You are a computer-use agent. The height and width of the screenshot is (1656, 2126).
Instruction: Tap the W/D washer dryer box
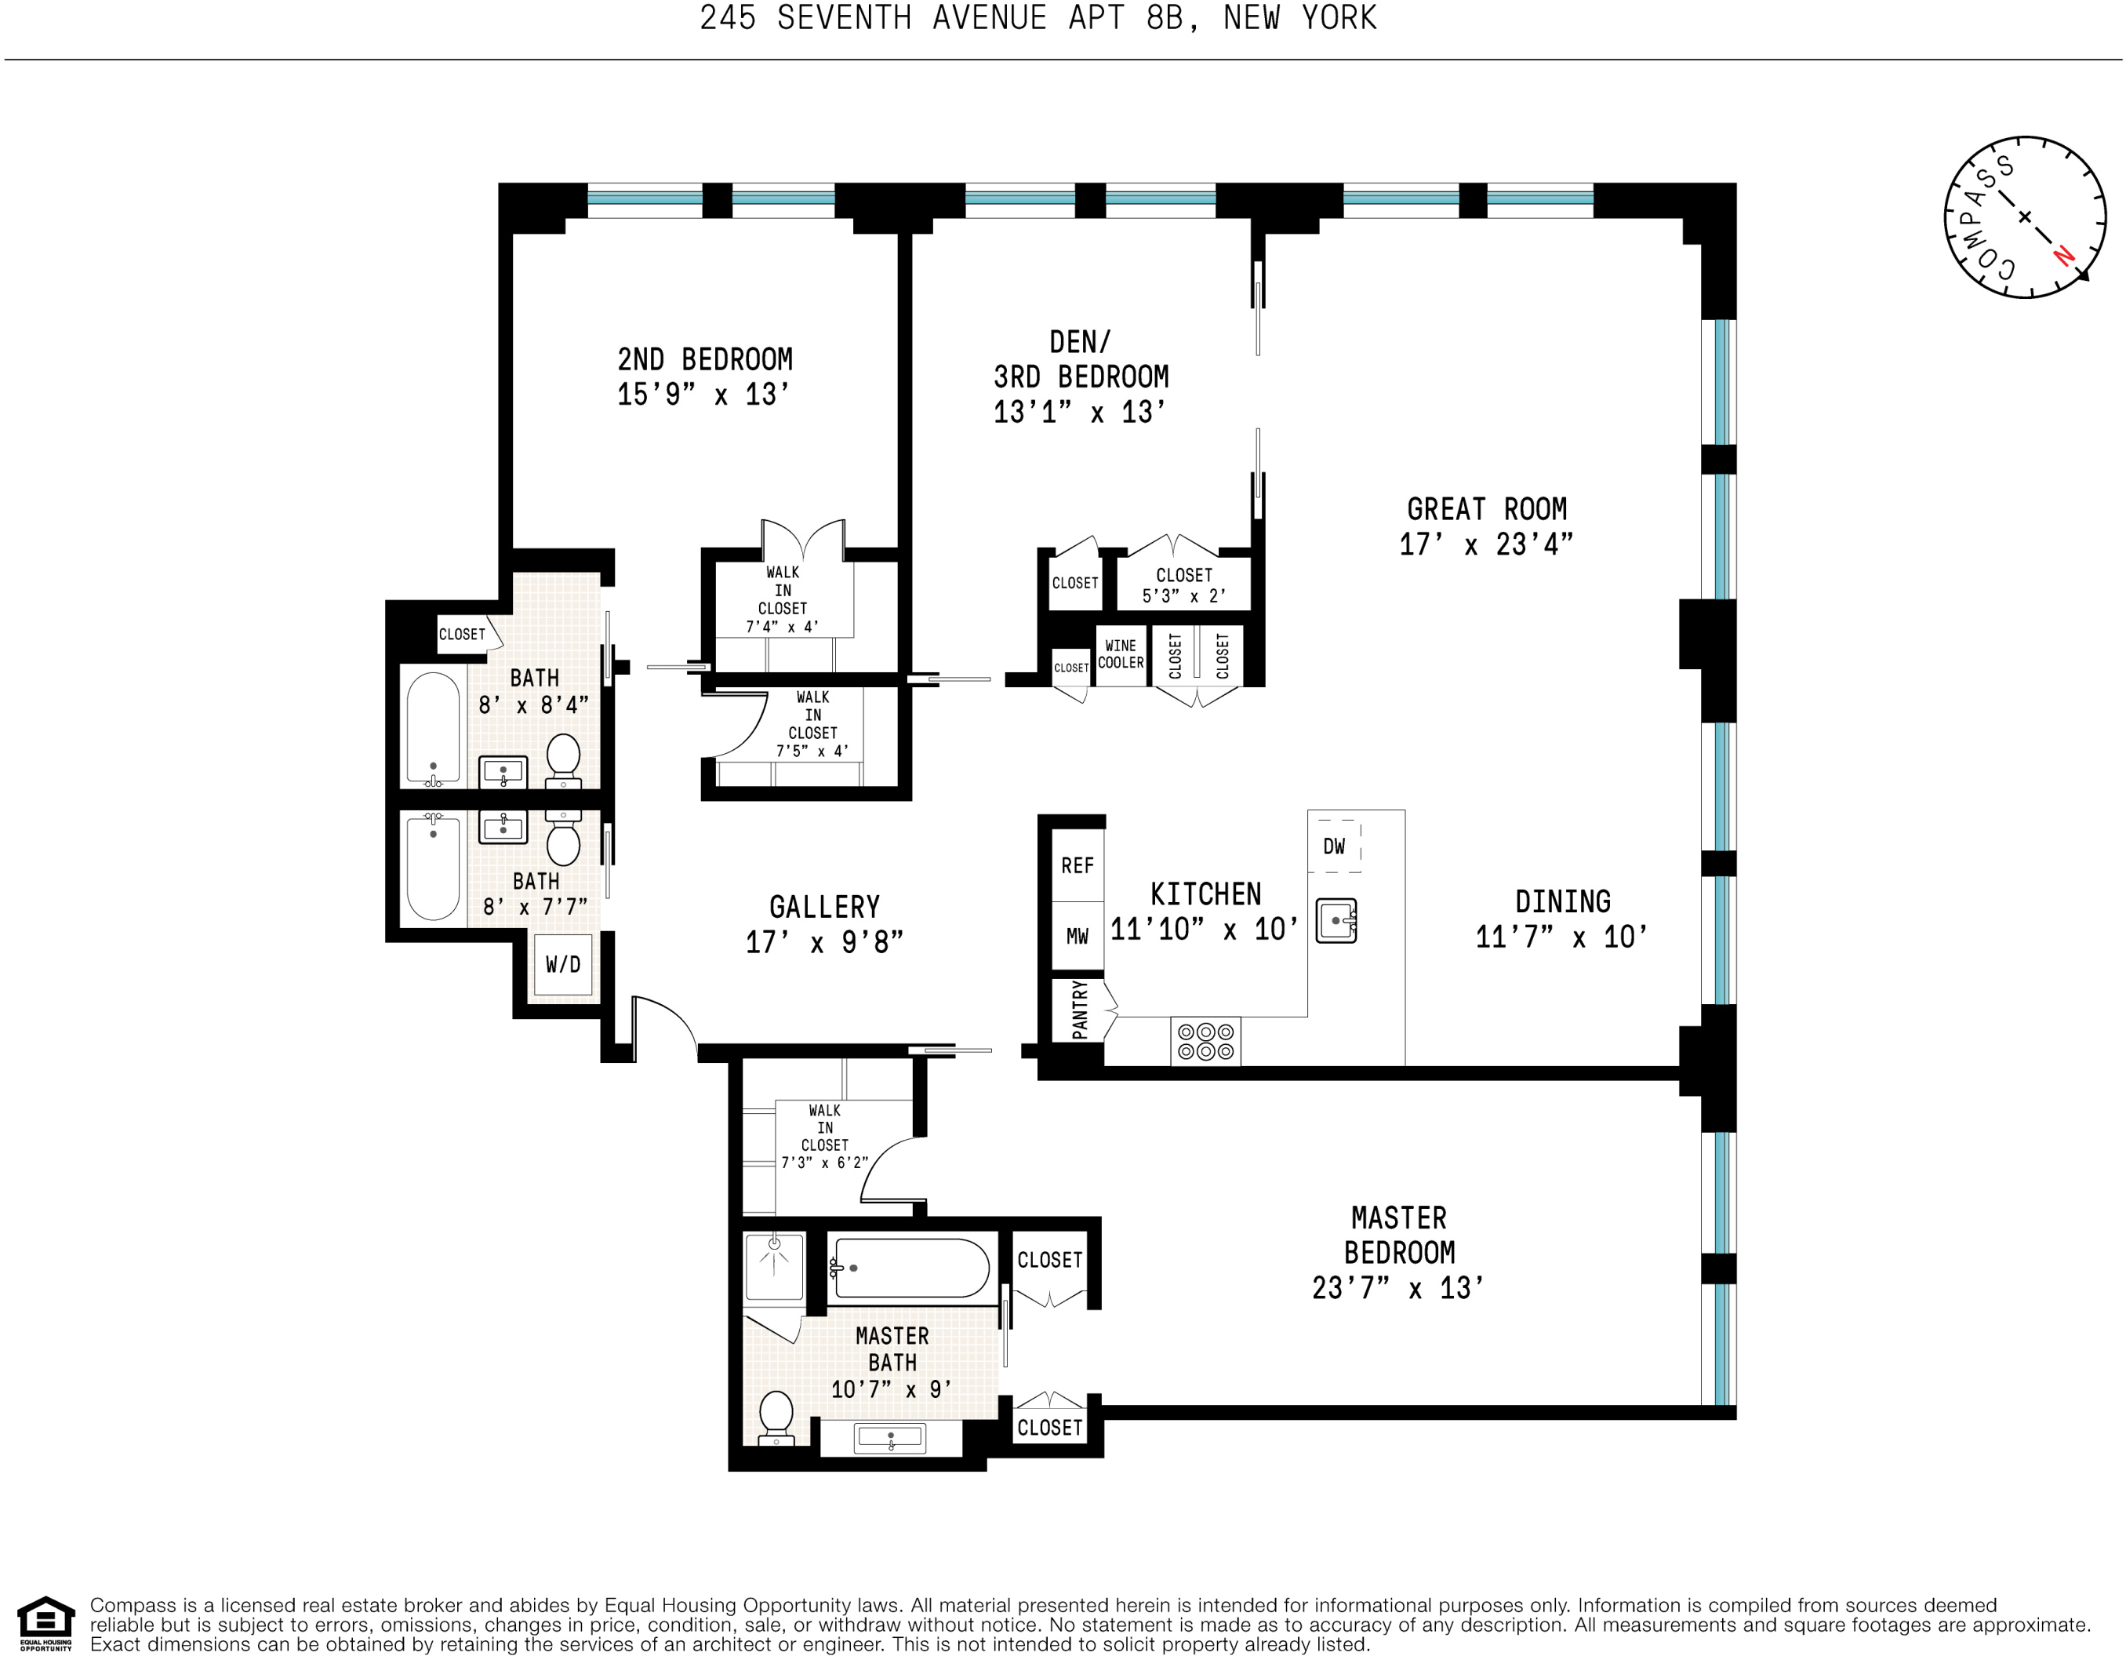tap(562, 964)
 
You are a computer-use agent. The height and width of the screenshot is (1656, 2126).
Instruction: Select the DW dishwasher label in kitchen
tap(1334, 846)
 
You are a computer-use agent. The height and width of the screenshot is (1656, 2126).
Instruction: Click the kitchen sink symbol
tap(1336, 920)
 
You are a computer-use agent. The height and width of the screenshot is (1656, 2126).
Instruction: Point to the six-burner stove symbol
tap(1205, 1041)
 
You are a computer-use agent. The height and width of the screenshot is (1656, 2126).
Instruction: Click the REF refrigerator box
tap(1077, 865)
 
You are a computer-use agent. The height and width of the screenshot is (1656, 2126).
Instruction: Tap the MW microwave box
tap(1077, 937)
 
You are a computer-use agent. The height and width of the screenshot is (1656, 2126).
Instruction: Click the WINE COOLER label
tap(1121, 654)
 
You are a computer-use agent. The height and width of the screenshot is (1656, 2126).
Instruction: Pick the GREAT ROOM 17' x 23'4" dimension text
tap(1485, 544)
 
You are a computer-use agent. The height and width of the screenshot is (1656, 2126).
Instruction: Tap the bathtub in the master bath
tap(911, 1268)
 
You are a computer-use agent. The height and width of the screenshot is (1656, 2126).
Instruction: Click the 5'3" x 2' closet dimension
tap(1183, 596)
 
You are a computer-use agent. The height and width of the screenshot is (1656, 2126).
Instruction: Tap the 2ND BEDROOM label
tap(705, 359)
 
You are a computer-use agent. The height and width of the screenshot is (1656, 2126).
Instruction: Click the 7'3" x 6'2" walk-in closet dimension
tap(824, 1163)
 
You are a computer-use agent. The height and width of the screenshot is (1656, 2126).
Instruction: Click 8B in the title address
tap(1165, 17)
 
